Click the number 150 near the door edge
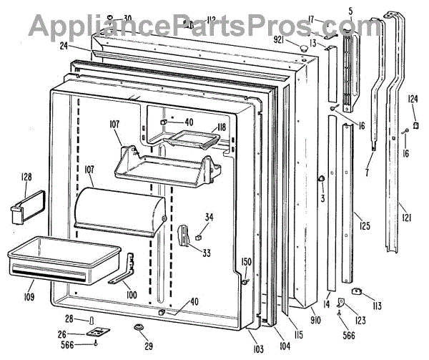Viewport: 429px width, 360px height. click(x=246, y=262)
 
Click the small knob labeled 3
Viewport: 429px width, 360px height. click(x=321, y=177)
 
